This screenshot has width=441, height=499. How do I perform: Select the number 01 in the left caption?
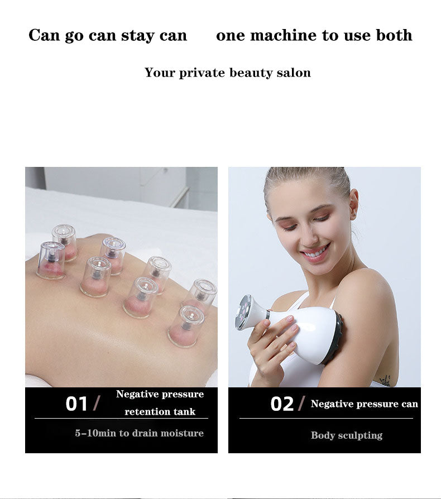77,404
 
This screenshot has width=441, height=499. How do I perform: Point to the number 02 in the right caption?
282,404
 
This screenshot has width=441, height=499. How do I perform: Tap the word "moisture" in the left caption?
181,433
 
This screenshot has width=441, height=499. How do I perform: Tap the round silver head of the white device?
246,311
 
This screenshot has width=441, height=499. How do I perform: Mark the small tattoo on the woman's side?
385,380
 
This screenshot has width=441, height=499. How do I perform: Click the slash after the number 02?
302,403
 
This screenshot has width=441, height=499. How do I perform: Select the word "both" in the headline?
394,36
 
